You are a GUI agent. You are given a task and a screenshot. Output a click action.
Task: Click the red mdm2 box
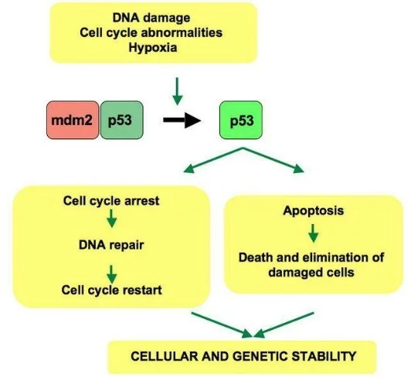click(x=73, y=120)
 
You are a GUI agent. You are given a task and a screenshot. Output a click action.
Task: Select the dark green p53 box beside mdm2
click(x=121, y=120)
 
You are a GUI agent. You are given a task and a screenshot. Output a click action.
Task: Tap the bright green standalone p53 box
click(x=241, y=120)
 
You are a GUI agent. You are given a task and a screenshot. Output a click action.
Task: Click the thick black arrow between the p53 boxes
click(x=182, y=120)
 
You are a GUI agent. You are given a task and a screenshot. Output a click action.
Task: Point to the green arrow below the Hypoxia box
click(x=177, y=91)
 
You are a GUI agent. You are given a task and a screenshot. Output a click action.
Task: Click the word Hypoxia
click(x=153, y=48)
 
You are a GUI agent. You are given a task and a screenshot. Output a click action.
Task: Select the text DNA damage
click(x=151, y=18)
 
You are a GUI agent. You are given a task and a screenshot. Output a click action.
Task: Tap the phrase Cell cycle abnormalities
click(x=151, y=32)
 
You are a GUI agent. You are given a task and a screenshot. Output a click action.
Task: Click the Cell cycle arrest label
click(x=111, y=201)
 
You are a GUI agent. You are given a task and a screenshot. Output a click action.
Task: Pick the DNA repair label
click(x=111, y=245)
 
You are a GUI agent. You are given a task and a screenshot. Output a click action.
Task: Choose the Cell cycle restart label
click(x=112, y=290)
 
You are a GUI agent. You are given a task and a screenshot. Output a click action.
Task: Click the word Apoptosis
click(x=314, y=211)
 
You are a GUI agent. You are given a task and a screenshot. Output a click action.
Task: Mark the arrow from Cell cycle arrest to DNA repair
click(x=112, y=219)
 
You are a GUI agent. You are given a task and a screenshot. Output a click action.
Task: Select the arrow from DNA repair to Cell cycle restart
click(x=112, y=274)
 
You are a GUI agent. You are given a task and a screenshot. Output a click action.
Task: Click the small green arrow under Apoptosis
click(x=314, y=233)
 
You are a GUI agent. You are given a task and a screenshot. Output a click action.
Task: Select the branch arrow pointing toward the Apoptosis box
click(x=273, y=160)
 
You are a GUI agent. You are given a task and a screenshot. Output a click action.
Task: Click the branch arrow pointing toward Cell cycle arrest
click(x=213, y=160)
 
